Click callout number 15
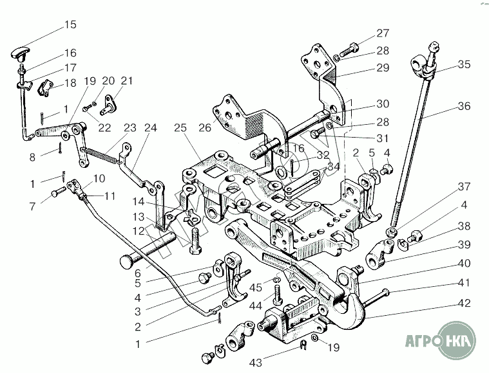click(70, 25)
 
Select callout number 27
click(383, 33)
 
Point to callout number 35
click(464, 64)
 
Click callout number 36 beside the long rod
click(464, 107)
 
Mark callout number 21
click(127, 81)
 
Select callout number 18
click(70, 83)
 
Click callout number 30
click(383, 104)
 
